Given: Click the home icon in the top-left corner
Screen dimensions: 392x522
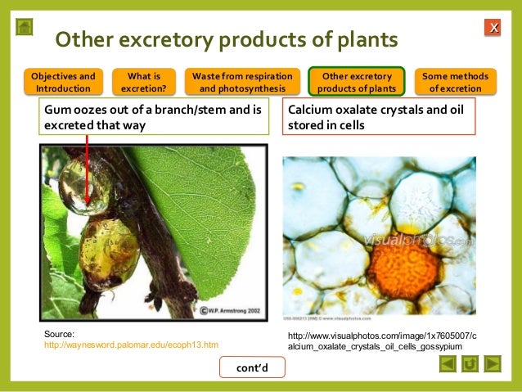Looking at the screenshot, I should pos(25,27).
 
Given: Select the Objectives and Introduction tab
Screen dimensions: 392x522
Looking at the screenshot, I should pos(63,82).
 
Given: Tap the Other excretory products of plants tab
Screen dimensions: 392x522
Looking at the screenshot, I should pos(356,82).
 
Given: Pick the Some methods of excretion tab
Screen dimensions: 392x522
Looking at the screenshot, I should pos(457,82).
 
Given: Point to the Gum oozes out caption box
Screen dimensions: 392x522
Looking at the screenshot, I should pos(154,117).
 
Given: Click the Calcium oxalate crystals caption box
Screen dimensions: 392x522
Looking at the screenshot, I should pos(378,117).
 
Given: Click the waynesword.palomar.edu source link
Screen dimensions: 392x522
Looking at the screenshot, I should pos(131,345).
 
